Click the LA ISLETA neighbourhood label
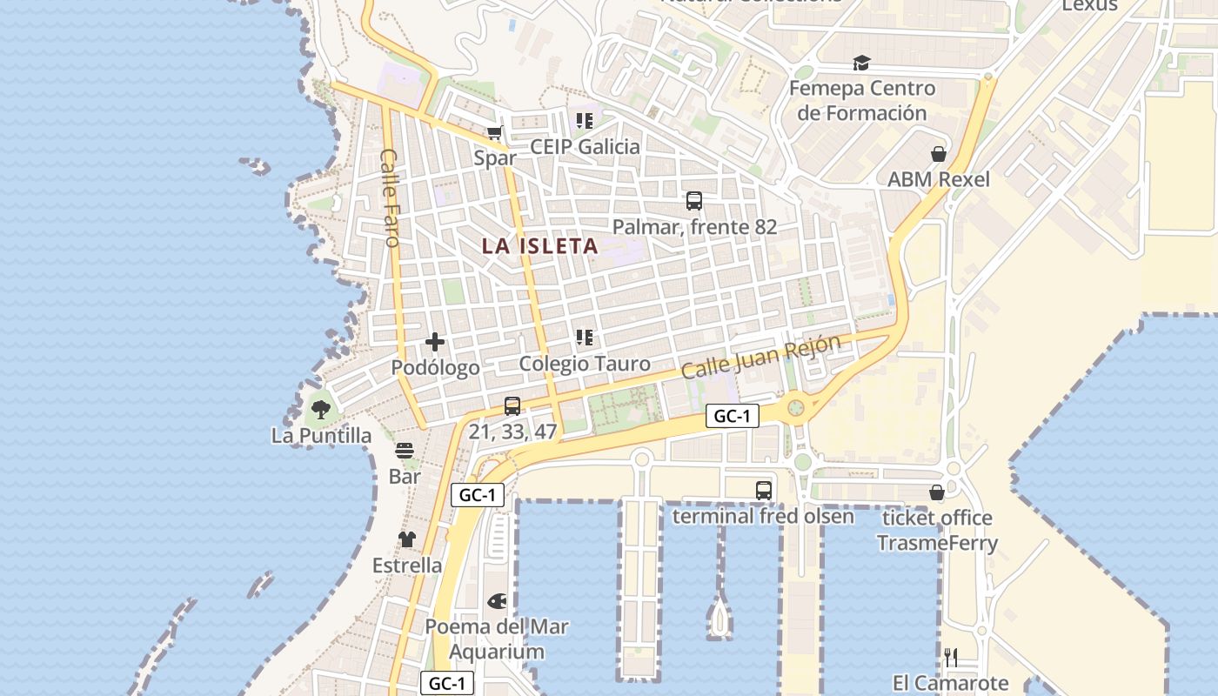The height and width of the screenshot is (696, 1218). point(540,246)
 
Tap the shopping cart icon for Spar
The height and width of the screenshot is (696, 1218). point(495,133)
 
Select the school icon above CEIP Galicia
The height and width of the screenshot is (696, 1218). point(584,121)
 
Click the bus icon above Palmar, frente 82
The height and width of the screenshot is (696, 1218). point(694,201)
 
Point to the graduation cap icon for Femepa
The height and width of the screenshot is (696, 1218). point(861,63)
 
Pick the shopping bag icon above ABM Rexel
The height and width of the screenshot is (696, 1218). point(939,154)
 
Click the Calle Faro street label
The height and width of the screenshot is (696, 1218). point(390,197)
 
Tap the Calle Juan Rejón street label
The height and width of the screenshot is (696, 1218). point(761,356)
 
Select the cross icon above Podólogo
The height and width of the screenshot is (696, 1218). point(435,342)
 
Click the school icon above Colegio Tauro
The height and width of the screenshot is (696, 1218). point(584,338)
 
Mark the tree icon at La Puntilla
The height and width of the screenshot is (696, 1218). point(321,409)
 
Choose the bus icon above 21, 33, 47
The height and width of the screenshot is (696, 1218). point(512,406)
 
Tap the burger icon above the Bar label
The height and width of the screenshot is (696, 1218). point(405,451)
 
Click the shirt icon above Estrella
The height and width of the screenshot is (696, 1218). point(407,539)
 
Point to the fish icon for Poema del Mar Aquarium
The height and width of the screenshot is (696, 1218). point(497,600)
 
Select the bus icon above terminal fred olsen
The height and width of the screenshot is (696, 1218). point(764,490)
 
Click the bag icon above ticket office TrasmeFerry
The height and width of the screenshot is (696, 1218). point(937,492)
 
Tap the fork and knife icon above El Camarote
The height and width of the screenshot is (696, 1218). point(951,657)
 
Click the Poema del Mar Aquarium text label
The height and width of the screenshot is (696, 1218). point(497,639)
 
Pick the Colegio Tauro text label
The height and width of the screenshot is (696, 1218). point(585,364)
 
